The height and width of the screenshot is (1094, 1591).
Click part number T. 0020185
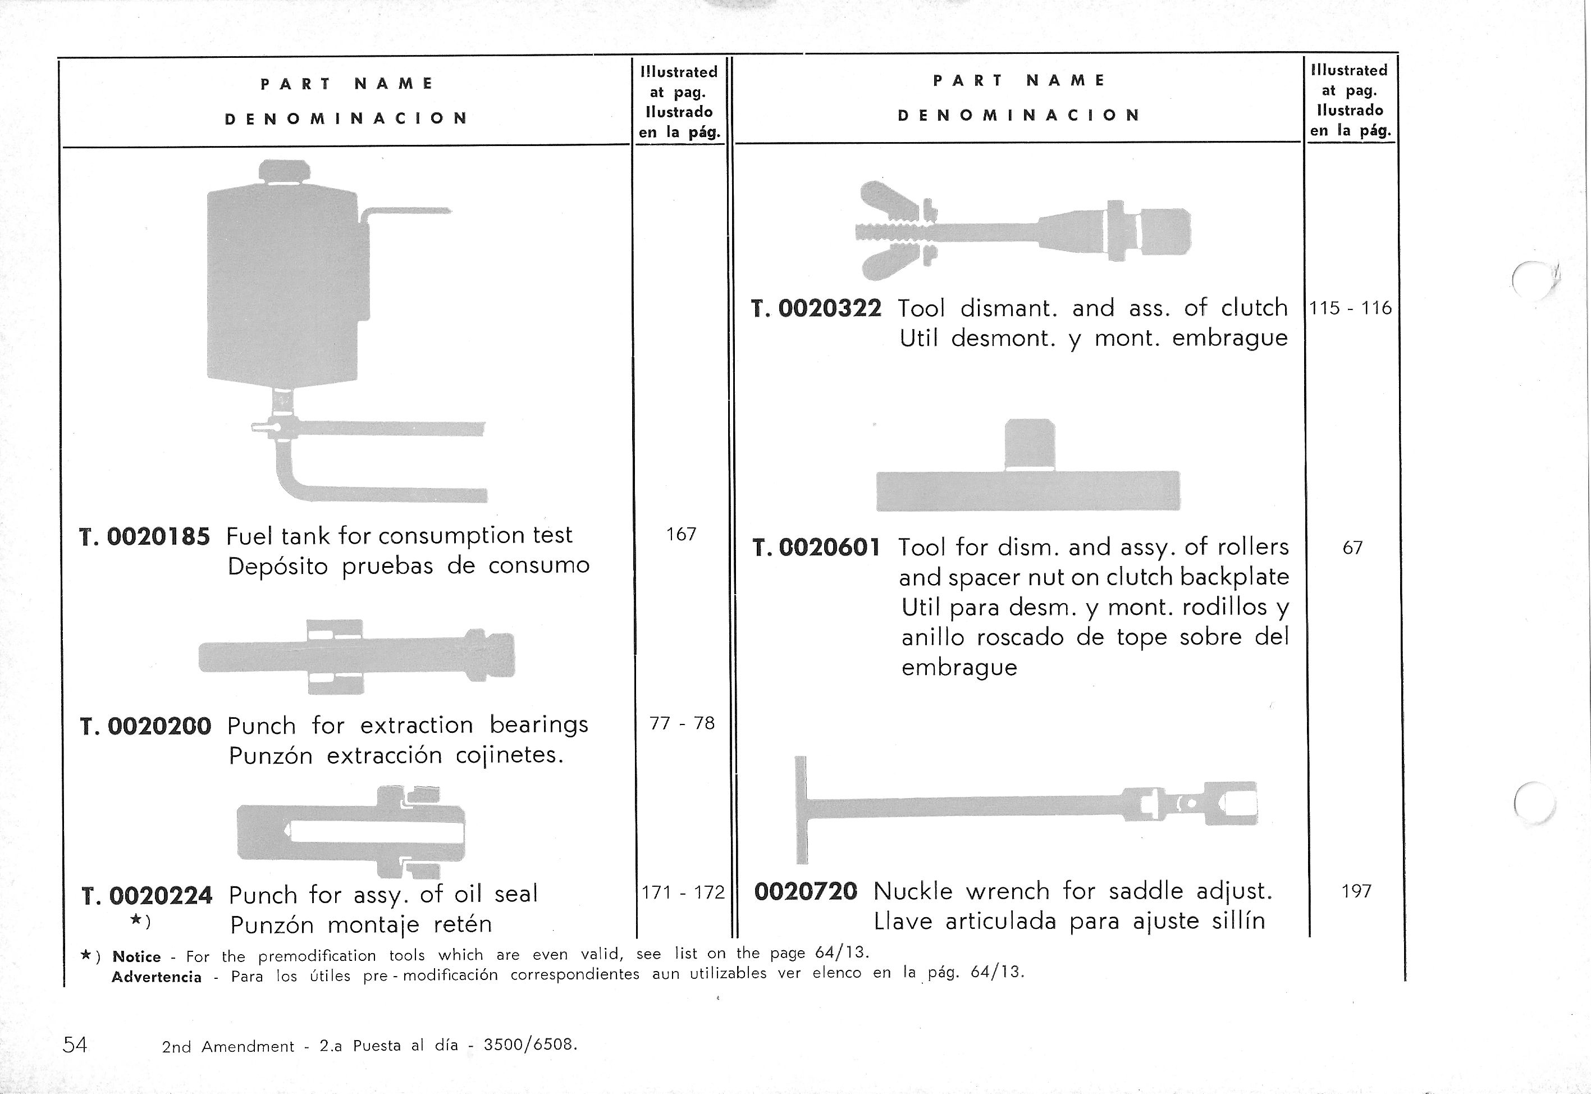coord(145,536)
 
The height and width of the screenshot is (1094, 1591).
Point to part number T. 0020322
coord(816,308)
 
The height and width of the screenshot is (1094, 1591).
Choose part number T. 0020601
coord(816,548)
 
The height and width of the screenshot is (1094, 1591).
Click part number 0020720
coord(805,891)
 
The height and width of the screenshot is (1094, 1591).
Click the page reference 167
coord(681,534)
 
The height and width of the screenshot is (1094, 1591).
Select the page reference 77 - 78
coord(682,723)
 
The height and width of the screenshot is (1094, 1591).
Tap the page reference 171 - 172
coord(683,892)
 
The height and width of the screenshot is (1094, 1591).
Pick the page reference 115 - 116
coord(1350,308)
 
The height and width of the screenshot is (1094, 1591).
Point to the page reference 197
coord(1356,891)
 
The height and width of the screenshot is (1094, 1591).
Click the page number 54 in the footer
coord(75,1045)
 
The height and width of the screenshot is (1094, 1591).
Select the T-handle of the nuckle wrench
coord(801,809)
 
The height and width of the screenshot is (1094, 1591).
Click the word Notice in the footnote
coord(136,957)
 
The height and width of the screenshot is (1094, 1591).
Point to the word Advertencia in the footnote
coord(156,977)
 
